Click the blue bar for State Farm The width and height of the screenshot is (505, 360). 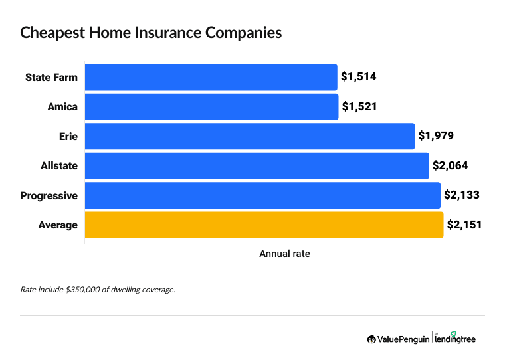tap(211, 77)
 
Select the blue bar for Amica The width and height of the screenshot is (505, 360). tap(212, 107)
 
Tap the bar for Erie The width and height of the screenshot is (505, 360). tap(250, 136)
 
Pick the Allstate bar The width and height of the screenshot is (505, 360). tap(257, 166)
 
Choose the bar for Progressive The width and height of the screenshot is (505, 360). tap(262, 195)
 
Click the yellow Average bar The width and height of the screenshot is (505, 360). tap(264, 225)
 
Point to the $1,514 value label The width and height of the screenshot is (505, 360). tap(359, 77)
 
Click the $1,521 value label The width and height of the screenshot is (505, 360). tap(359, 107)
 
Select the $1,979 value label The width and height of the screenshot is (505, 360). tap(436, 136)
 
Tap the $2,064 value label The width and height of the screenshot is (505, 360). tap(451, 166)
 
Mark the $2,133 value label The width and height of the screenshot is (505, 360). tap(462, 195)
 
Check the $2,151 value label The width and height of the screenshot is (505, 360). tap(464, 225)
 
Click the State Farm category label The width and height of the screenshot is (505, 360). tap(51, 77)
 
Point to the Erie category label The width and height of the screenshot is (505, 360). tap(68, 136)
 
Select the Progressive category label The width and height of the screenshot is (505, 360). tap(49, 195)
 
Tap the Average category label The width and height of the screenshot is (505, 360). tap(58, 225)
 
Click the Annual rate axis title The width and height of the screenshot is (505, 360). tap(284, 254)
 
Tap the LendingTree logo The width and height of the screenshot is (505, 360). tap(456, 339)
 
